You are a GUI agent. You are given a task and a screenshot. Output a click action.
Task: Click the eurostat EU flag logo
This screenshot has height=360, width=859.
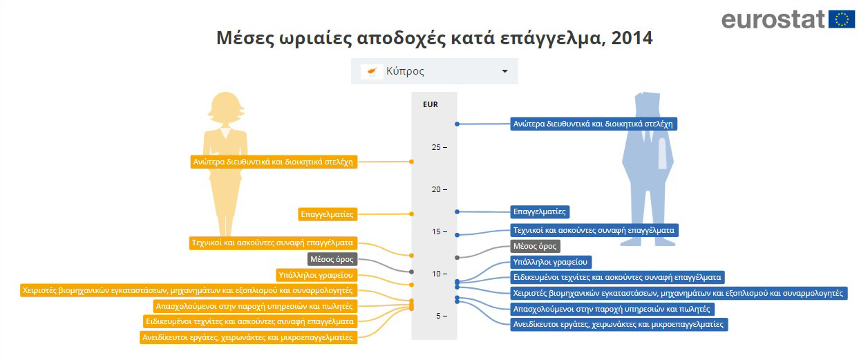(x=841, y=19)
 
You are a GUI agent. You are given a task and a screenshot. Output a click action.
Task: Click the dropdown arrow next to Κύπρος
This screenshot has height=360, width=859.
(x=504, y=71)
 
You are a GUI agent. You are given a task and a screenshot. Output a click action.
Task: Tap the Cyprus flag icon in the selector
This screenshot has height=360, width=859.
(x=372, y=71)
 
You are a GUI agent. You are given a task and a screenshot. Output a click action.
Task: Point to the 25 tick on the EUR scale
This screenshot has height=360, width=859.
(x=439, y=147)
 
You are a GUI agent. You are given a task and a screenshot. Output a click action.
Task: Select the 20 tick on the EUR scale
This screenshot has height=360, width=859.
(x=439, y=189)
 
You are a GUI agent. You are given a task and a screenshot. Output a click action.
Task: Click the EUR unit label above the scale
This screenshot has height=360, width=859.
(x=431, y=104)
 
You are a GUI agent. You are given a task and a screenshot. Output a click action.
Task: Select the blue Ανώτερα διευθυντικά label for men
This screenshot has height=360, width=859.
(x=594, y=124)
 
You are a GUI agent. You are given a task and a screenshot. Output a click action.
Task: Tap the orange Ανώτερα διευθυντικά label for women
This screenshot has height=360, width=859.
(x=274, y=162)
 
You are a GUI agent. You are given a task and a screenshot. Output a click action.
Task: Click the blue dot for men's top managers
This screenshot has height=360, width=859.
(x=457, y=124)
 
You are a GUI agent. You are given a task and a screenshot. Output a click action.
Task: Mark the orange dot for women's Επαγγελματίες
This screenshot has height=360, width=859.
(x=411, y=214)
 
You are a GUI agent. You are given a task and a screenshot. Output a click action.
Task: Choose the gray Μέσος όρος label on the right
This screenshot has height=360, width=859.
(x=536, y=246)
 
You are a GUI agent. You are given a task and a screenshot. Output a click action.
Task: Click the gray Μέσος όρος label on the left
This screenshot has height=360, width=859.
(x=332, y=259)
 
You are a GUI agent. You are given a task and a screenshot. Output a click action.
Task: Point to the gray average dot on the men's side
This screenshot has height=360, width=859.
(x=457, y=258)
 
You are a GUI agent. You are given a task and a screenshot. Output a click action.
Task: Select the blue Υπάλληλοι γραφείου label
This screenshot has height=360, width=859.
(x=551, y=263)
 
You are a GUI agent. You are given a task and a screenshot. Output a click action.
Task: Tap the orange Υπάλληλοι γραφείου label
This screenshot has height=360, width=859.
(x=317, y=275)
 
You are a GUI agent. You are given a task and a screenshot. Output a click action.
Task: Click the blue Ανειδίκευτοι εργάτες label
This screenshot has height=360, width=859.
(x=619, y=324)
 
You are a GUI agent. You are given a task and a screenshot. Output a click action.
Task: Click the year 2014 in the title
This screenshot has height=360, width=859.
(x=632, y=38)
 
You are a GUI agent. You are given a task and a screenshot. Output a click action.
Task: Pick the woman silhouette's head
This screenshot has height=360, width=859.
(x=225, y=107)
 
